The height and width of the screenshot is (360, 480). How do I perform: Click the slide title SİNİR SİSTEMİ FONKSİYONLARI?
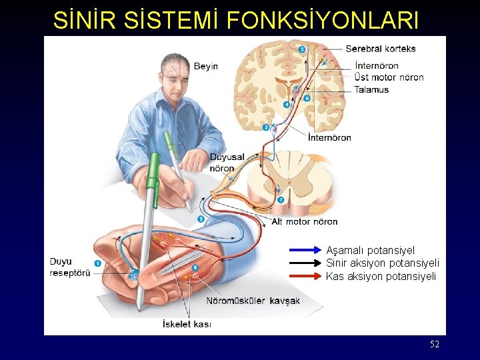[236, 20]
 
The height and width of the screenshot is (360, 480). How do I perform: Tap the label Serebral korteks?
[380, 49]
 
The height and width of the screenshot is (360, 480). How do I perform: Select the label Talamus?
[371, 89]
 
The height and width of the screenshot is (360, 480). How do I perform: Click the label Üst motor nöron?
[389, 77]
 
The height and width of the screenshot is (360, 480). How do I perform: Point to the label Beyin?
[205, 66]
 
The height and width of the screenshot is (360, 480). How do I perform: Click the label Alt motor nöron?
[305, 221]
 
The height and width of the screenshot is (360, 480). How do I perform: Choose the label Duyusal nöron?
[227, 163]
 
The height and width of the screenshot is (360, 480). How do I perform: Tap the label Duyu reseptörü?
[69, 267]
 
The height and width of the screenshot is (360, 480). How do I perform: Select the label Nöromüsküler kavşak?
[253, 301]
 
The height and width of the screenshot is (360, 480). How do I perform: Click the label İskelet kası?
[187, 324]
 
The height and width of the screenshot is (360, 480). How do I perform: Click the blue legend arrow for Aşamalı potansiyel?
[306, 250]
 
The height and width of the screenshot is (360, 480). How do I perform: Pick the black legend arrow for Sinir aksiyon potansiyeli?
[306, 263]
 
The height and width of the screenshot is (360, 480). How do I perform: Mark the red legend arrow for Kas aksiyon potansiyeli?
[306, 275]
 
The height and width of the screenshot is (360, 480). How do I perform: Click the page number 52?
[435, 344]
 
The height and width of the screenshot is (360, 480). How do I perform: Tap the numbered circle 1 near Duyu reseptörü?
[97, 263]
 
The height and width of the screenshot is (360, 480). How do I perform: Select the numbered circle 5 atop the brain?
[302, 49]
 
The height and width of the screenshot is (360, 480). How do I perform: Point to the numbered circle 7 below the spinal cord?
[281, 199]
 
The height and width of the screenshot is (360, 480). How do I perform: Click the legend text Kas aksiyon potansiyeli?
[381, 276]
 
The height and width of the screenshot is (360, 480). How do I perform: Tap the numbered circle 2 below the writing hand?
[200, 218]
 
